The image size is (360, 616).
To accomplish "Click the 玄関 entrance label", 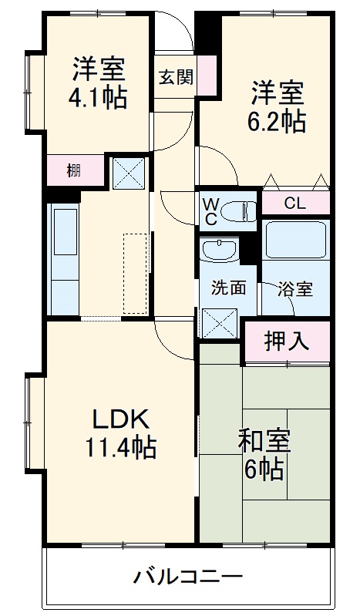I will [177, 77].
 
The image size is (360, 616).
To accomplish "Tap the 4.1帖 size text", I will [99, 98].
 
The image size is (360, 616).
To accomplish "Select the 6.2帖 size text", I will [277, 120].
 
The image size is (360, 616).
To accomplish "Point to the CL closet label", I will [295, 204].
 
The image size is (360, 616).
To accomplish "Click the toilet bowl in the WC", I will [242, 210].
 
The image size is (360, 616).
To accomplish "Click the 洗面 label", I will [229, 288].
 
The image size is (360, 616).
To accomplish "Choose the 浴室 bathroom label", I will [296, 289].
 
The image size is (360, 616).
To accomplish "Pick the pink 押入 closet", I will [287, 341].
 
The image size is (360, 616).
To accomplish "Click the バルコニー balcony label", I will [188, 576].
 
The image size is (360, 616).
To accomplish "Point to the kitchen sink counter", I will [63, 258].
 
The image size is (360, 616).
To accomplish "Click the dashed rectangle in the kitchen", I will [135, 274].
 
